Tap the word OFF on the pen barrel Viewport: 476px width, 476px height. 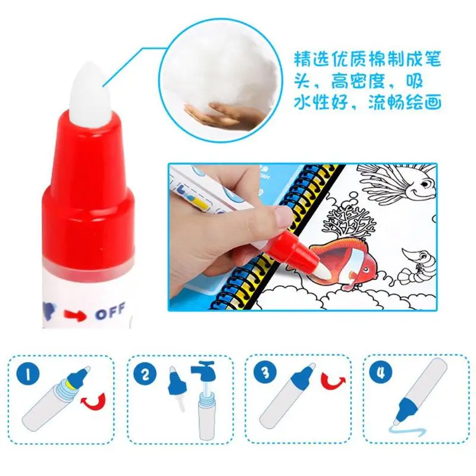[x=111, y=311]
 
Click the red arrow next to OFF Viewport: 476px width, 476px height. [x=74, y=315]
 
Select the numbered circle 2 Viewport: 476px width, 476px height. [x=145, y=375]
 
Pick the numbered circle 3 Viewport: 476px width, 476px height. [x=265, y=372]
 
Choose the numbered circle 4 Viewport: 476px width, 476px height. [x=381, y=372]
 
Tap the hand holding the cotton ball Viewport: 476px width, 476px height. [x=225, y=115]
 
